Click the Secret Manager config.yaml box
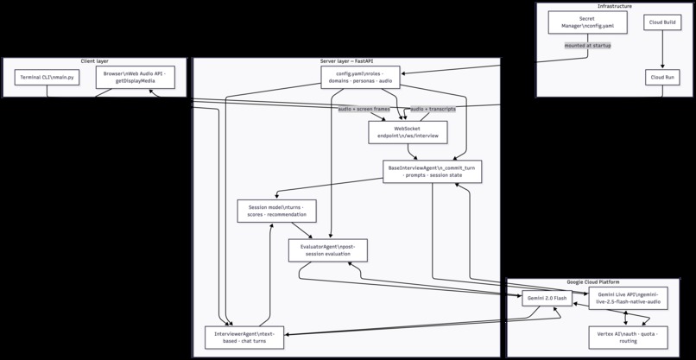tap(586, 22)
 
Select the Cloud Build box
tap(662, 22)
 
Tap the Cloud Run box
tap(662, 77)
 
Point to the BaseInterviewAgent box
tap(432, 171)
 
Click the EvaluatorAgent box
tap(327, 250)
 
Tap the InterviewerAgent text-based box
tap(244, 338)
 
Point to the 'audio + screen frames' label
tap(363, 109)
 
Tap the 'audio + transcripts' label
tap(433, 109)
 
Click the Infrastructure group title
tap(614, 6)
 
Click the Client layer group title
tap(95, 61)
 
